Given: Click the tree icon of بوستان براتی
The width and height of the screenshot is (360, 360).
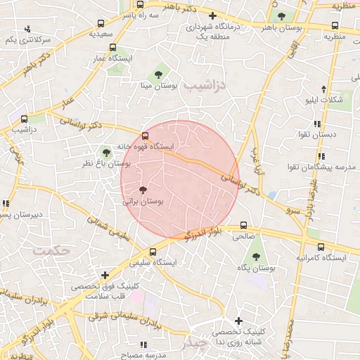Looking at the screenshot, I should (x=143, y=190).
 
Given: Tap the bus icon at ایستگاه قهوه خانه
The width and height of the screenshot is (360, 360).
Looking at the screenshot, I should (x=146, y=136).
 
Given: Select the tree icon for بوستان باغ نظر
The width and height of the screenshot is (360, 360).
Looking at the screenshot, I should (x=106, y=151).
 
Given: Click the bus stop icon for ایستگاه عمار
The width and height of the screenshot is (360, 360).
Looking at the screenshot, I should (x=113, y=48).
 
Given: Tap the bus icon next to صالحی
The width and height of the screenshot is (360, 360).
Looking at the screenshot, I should (x=243, y=226).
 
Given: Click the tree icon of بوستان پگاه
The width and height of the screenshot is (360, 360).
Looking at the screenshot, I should (x=256, y=256).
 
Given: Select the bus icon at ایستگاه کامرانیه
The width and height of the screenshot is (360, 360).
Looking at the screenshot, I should (x=321, y=247).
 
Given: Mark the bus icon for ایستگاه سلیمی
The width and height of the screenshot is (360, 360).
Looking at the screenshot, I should (x=153, y=251).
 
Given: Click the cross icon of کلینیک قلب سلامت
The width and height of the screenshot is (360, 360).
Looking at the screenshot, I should (x=105, y=275).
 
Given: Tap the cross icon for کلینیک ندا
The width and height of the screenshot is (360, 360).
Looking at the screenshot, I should (x=220, y=321).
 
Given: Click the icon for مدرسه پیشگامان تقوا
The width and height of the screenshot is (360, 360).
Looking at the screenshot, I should (x=321, y=156).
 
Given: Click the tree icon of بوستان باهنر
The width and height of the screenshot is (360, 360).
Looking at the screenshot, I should (x=281, y=16).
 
